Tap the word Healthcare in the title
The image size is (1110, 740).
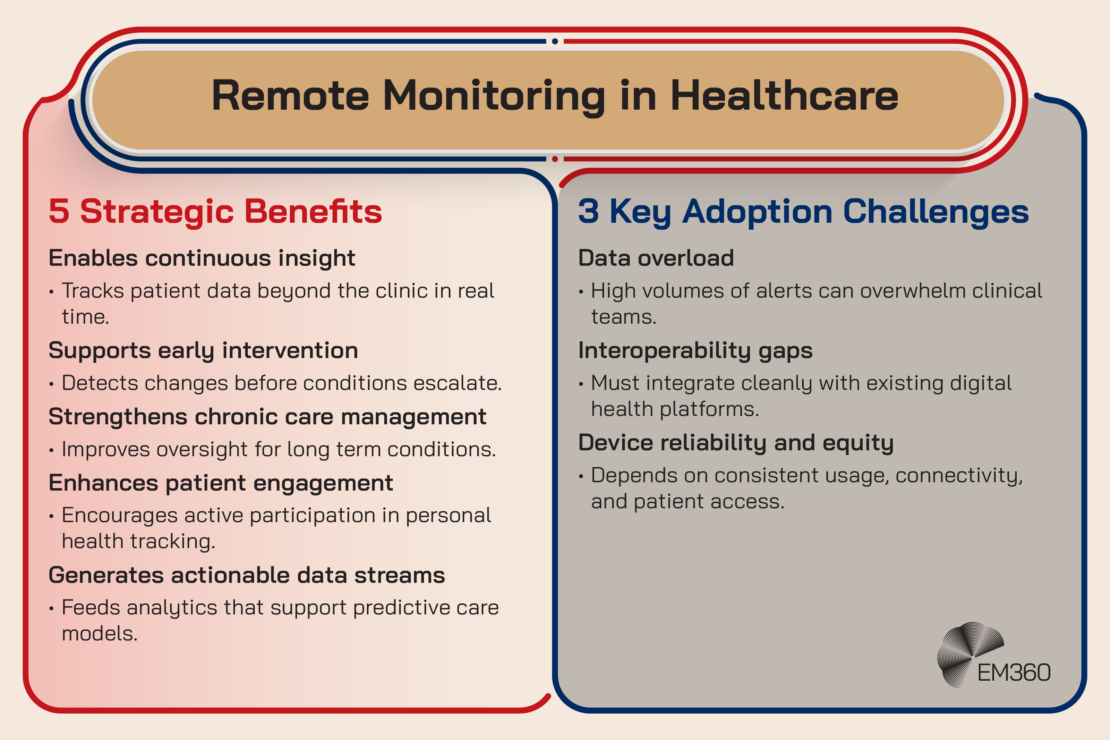(784, 96)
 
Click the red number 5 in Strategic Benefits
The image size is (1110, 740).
(59, 211)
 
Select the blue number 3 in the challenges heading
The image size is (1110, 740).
(588, 211)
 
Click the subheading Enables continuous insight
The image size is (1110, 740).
(202, 258)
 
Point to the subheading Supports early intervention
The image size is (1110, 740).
(203, 351)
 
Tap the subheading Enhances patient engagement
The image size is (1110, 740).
(221, 483)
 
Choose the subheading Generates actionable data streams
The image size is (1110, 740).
(247, 575)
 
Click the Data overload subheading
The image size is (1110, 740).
(656, 258)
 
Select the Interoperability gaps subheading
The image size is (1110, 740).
(695, 351)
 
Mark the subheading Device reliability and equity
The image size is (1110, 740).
(736, 443)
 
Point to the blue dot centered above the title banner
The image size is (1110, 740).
(555, 42)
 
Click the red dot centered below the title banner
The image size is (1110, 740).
(555, 159)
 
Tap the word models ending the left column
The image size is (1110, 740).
(100, 634)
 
